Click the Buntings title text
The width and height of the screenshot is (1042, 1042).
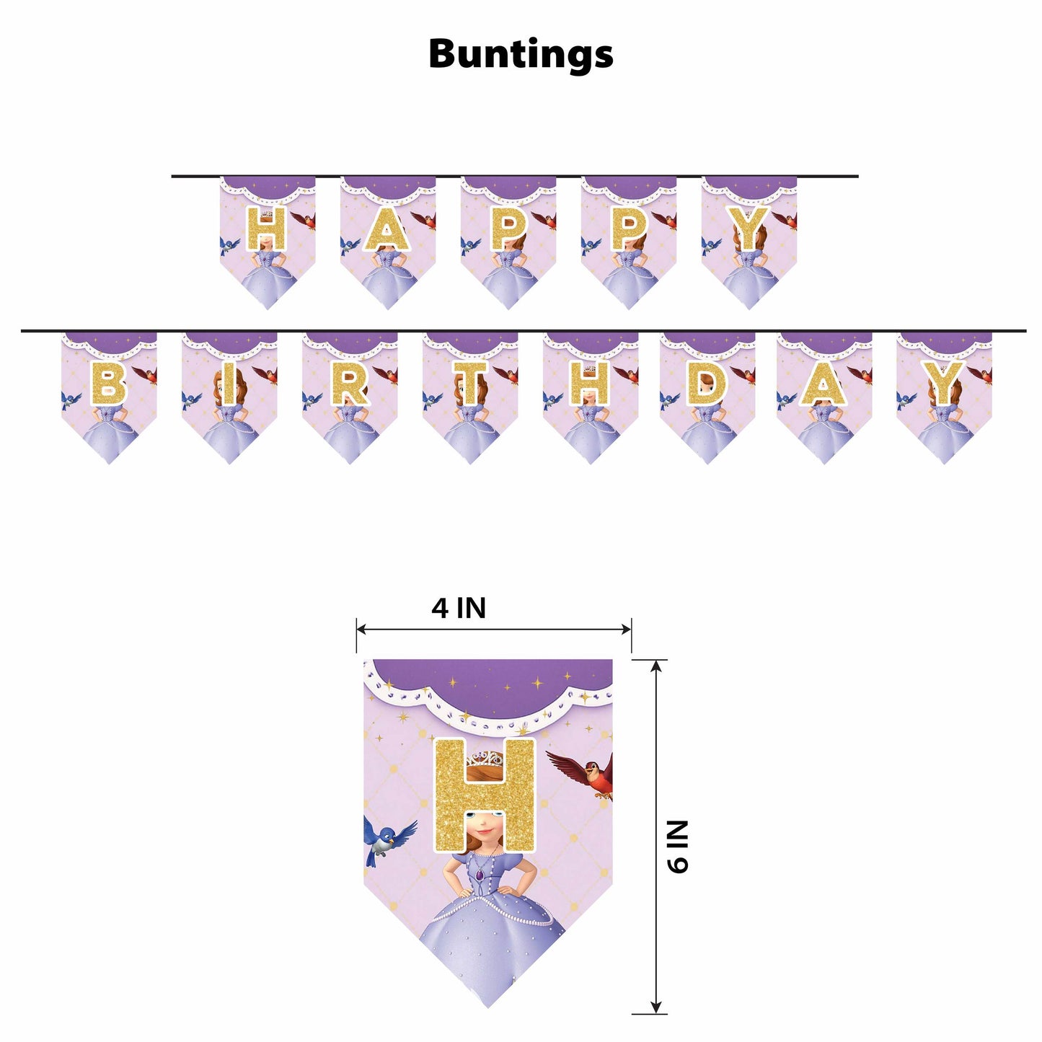coord(521,54)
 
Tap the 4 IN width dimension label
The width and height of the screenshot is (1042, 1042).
coord(459,609)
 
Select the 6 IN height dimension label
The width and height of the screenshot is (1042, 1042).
coord(677,847)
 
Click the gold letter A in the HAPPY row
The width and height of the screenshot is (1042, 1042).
coord(387,229)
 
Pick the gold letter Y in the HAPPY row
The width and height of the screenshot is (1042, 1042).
coord(749,229)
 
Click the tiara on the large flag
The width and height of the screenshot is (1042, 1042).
coord(484,760)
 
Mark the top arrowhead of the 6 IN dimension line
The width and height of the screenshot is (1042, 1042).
coord(656,665)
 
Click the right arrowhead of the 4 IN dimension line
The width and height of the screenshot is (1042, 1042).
coord(627,630)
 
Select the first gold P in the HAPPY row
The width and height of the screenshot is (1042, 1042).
coord(508,229)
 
